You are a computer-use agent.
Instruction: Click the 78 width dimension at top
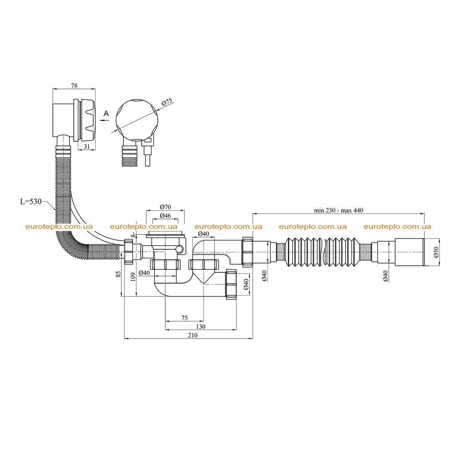coord(74,86)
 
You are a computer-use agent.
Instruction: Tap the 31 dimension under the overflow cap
coord(87,147)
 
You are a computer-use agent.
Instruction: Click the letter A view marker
coord(106,113)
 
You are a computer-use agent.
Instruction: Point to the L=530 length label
coord(31,201)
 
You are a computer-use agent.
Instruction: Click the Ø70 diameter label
coord(165,207)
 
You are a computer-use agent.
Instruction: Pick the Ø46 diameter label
coord(165,216)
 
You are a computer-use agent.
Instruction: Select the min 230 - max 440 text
coord(338,210)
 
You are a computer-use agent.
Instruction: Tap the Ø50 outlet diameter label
coord(435,251)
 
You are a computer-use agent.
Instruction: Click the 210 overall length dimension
coord(192,335)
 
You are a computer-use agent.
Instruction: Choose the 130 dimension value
coord(200,327)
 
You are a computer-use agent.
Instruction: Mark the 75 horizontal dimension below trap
coord(184,318)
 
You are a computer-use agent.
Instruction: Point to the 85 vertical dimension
coord(118,274)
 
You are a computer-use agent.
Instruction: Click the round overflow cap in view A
coord(137,120)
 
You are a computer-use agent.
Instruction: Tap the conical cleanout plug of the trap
coord(204,276)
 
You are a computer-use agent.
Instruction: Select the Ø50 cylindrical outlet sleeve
coord(410,252)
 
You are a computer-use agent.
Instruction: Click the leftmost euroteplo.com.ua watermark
coord(59,227)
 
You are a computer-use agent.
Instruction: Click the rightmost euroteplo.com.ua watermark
coord(397,227)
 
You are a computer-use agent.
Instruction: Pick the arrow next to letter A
coord(104,120)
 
